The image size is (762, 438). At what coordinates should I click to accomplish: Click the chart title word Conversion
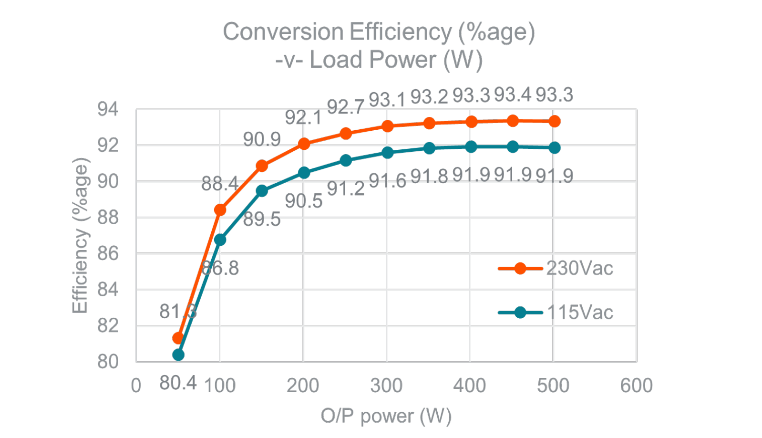pyautogui.click(x=283, y=32)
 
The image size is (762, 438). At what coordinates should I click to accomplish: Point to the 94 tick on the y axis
pyautogui.click(x=108, y=109)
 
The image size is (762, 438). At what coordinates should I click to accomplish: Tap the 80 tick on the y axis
pyautogui.click(x=108, y=362)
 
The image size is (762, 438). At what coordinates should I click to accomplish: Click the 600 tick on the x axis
pyautogui.click(x=636, y=386)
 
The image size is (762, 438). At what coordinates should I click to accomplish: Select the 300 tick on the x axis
pyautogui.click(x=386, y=386)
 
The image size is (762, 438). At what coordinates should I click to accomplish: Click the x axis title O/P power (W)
pyautogui.click(x=386, y=416)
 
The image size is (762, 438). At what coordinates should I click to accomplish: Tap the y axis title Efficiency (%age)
pyautogui.click(x=80, y=235)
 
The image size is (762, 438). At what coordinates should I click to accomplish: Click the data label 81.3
pyautogui.click(x=177, y=312)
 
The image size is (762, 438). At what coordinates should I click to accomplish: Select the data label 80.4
pyautogui.click(x=178, y=383)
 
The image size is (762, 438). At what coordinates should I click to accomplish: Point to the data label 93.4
pyautogui.click(x=513, y=95)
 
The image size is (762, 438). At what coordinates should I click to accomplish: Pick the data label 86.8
pyautogui.click(x=220, y=268)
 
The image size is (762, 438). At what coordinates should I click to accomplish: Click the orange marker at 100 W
pyautogui.click(x=220, y=210)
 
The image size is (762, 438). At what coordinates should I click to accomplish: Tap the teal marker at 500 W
pyautogui.click(x=554, y=148)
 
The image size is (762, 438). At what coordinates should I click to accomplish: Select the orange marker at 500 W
pyautogui.click(x=554, y=121)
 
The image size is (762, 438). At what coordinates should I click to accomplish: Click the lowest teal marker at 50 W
pyautogui.click(x=178, y=355)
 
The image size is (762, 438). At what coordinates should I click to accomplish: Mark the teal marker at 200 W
pyautogui.click(x=304, y=173)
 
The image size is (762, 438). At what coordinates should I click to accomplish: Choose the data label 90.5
pyautogui.click(x=303, y=201)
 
